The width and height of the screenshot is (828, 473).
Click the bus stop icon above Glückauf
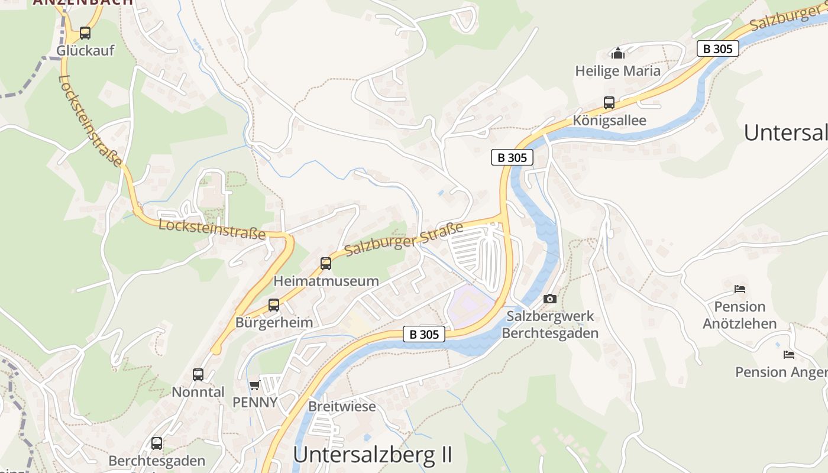coord(85,33)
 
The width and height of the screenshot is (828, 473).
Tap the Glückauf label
coord(85,51)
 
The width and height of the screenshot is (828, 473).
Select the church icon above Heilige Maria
coord(618,53)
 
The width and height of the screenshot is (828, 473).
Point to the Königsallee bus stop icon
coord(609,103)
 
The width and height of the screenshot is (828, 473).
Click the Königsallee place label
coord(609,121)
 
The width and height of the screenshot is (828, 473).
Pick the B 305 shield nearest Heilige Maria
coord(718,48)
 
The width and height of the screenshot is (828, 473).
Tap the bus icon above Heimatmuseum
coord(326,264)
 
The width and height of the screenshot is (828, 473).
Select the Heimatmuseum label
coord(326,281)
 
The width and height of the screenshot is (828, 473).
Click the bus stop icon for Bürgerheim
coord(274,305)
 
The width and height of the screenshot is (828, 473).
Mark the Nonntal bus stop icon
coord(198,375)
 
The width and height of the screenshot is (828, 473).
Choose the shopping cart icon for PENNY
coord(254,385)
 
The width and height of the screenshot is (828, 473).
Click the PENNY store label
coord(254,402)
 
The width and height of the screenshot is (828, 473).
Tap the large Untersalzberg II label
coord(373,455)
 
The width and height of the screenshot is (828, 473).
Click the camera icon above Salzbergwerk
coord(550,299)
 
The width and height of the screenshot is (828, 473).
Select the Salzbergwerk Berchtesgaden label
coord(550,325)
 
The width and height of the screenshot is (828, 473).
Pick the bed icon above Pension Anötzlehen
coord(739,289)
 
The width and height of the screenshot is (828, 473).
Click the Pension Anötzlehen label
coord(739,315)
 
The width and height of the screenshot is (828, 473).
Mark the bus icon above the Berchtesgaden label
coord(157,443)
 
